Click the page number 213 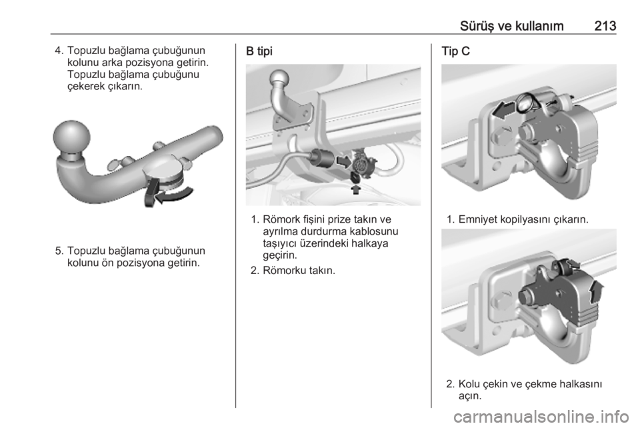[605, 26]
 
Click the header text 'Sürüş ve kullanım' [511, 26]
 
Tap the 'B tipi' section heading [259, 51]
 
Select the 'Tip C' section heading [455, 51]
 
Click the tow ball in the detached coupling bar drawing [72, 137]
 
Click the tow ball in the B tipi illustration [279, 79]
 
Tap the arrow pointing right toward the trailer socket [343, 161]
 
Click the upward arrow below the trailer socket [356, 189]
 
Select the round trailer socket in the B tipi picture [361, 166]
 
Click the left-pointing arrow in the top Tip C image [504, 111]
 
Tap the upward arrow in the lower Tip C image [597, 291]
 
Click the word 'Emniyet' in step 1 [477, 219]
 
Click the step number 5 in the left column [59, 251]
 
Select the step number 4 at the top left [59, 51]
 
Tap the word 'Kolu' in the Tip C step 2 [469, 384]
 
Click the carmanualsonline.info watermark [541, 417]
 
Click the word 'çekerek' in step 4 [86, 87]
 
